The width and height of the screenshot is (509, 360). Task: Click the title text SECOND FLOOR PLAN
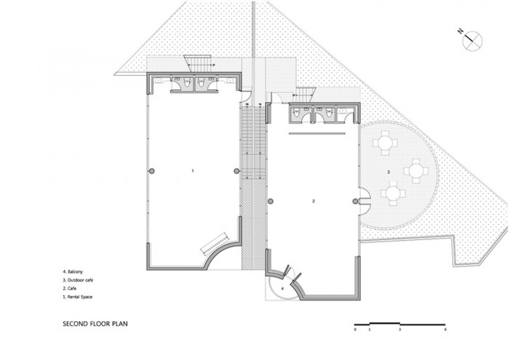click(x=95, y=323)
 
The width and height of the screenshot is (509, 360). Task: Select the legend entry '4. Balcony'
click(x=73, y=272)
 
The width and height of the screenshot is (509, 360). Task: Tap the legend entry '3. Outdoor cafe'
click(x=78, y=280)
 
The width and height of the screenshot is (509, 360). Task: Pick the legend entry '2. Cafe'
click(x=70, y=289)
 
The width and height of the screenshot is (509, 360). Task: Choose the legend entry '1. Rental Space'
click(x=77, y=297)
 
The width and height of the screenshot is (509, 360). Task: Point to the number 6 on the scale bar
click(x=445, y=330)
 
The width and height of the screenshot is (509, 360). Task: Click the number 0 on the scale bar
click(x=355, y=330)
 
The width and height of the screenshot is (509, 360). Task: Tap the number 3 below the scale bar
click(x=400, y=330)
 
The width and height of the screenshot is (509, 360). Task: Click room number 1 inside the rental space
click(x=193, y=171)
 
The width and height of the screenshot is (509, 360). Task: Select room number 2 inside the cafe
click(x=314, y=201)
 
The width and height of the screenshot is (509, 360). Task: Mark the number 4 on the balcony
click(x=282, y=289)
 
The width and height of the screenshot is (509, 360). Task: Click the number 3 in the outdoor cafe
click(x=388, y=172)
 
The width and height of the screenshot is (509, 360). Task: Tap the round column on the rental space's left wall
click(x=152, y=171)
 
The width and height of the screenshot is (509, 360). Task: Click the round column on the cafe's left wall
click(x=270, y=201)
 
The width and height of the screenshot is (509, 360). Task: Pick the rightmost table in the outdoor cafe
click(x=416, y=171)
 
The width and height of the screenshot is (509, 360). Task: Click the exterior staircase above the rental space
click(x=198, y=64)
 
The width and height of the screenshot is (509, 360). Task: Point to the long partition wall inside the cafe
click(x=317, y=133)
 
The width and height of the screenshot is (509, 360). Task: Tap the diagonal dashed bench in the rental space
click(x=213, y=243)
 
